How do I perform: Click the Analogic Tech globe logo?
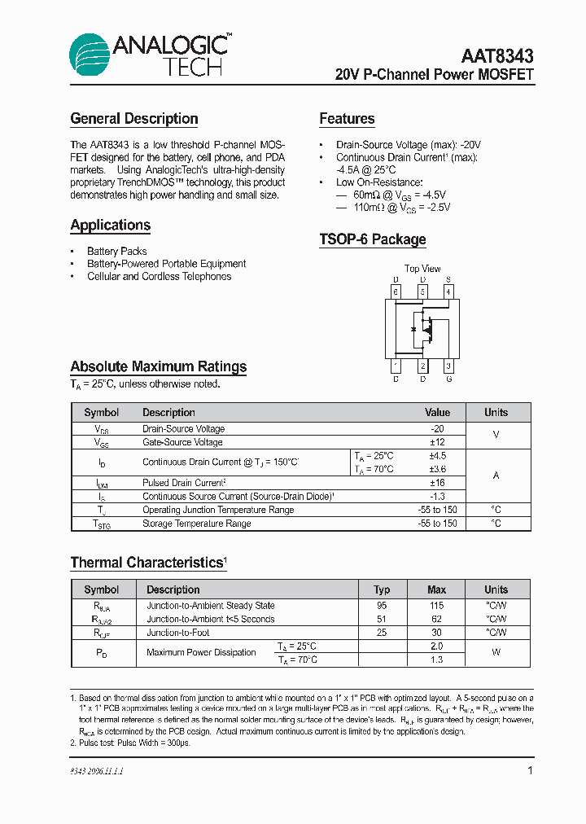89,55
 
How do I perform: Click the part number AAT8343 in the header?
497,56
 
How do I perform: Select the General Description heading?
134,119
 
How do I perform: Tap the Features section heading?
347,119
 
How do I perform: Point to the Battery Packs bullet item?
117,251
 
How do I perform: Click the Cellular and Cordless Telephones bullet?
159,277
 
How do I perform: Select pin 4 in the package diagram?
448,291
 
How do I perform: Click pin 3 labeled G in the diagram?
448,366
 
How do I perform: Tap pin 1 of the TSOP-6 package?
396,366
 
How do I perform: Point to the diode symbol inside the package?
414,329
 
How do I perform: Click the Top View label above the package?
422,269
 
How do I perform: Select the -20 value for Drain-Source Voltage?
437,429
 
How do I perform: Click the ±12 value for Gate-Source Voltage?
437,442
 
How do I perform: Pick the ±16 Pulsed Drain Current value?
437,483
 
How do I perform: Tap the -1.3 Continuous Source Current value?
437,496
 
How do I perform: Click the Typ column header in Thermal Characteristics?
382,590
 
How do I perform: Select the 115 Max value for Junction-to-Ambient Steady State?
437,606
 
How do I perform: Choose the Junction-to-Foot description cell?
177,633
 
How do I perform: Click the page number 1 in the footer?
530,770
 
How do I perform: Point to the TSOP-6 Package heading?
373,239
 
